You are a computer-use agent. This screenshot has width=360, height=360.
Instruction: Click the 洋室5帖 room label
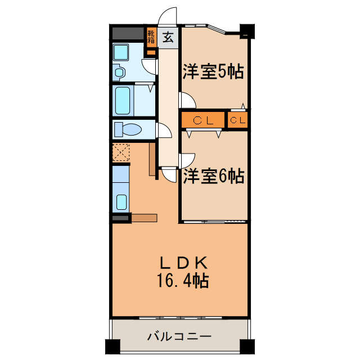[213, 71]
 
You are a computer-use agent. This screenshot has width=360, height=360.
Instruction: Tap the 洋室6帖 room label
[213, 176]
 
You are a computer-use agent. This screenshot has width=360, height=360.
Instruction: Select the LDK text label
[185, 262]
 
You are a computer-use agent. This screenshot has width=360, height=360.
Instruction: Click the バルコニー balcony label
[179, 336]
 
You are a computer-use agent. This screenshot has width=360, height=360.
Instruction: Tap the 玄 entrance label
[168, 38]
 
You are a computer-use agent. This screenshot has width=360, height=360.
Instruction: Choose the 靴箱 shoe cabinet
[151, 38]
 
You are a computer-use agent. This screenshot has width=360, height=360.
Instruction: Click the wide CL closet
[202, 120]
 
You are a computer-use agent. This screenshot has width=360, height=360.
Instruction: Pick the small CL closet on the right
[237, 120]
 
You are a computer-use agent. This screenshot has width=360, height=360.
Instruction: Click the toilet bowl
[132, 130]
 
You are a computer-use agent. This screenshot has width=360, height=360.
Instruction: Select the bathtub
[123, 100]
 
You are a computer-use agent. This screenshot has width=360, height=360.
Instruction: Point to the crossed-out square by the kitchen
[120, 152]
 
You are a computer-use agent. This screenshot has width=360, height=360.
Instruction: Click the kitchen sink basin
[121, 201]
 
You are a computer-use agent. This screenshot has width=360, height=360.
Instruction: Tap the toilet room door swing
[164, 131]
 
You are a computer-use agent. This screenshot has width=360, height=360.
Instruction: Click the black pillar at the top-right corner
[246, 30]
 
